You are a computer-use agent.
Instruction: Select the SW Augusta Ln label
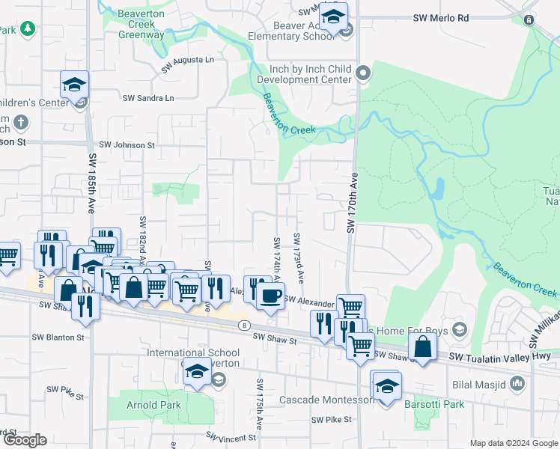pos(187,59)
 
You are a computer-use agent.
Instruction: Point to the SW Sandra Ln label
pos(148,98)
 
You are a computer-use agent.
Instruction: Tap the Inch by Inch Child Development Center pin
pos(364,73)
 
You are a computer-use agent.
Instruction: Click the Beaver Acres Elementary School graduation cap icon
pos(334,16)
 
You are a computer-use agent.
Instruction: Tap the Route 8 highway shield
pos(244,326)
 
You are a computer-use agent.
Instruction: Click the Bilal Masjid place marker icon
pos(517,384)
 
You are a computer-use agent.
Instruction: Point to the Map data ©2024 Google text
pos(513,443)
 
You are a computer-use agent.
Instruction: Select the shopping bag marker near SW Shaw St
pos(423,347)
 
